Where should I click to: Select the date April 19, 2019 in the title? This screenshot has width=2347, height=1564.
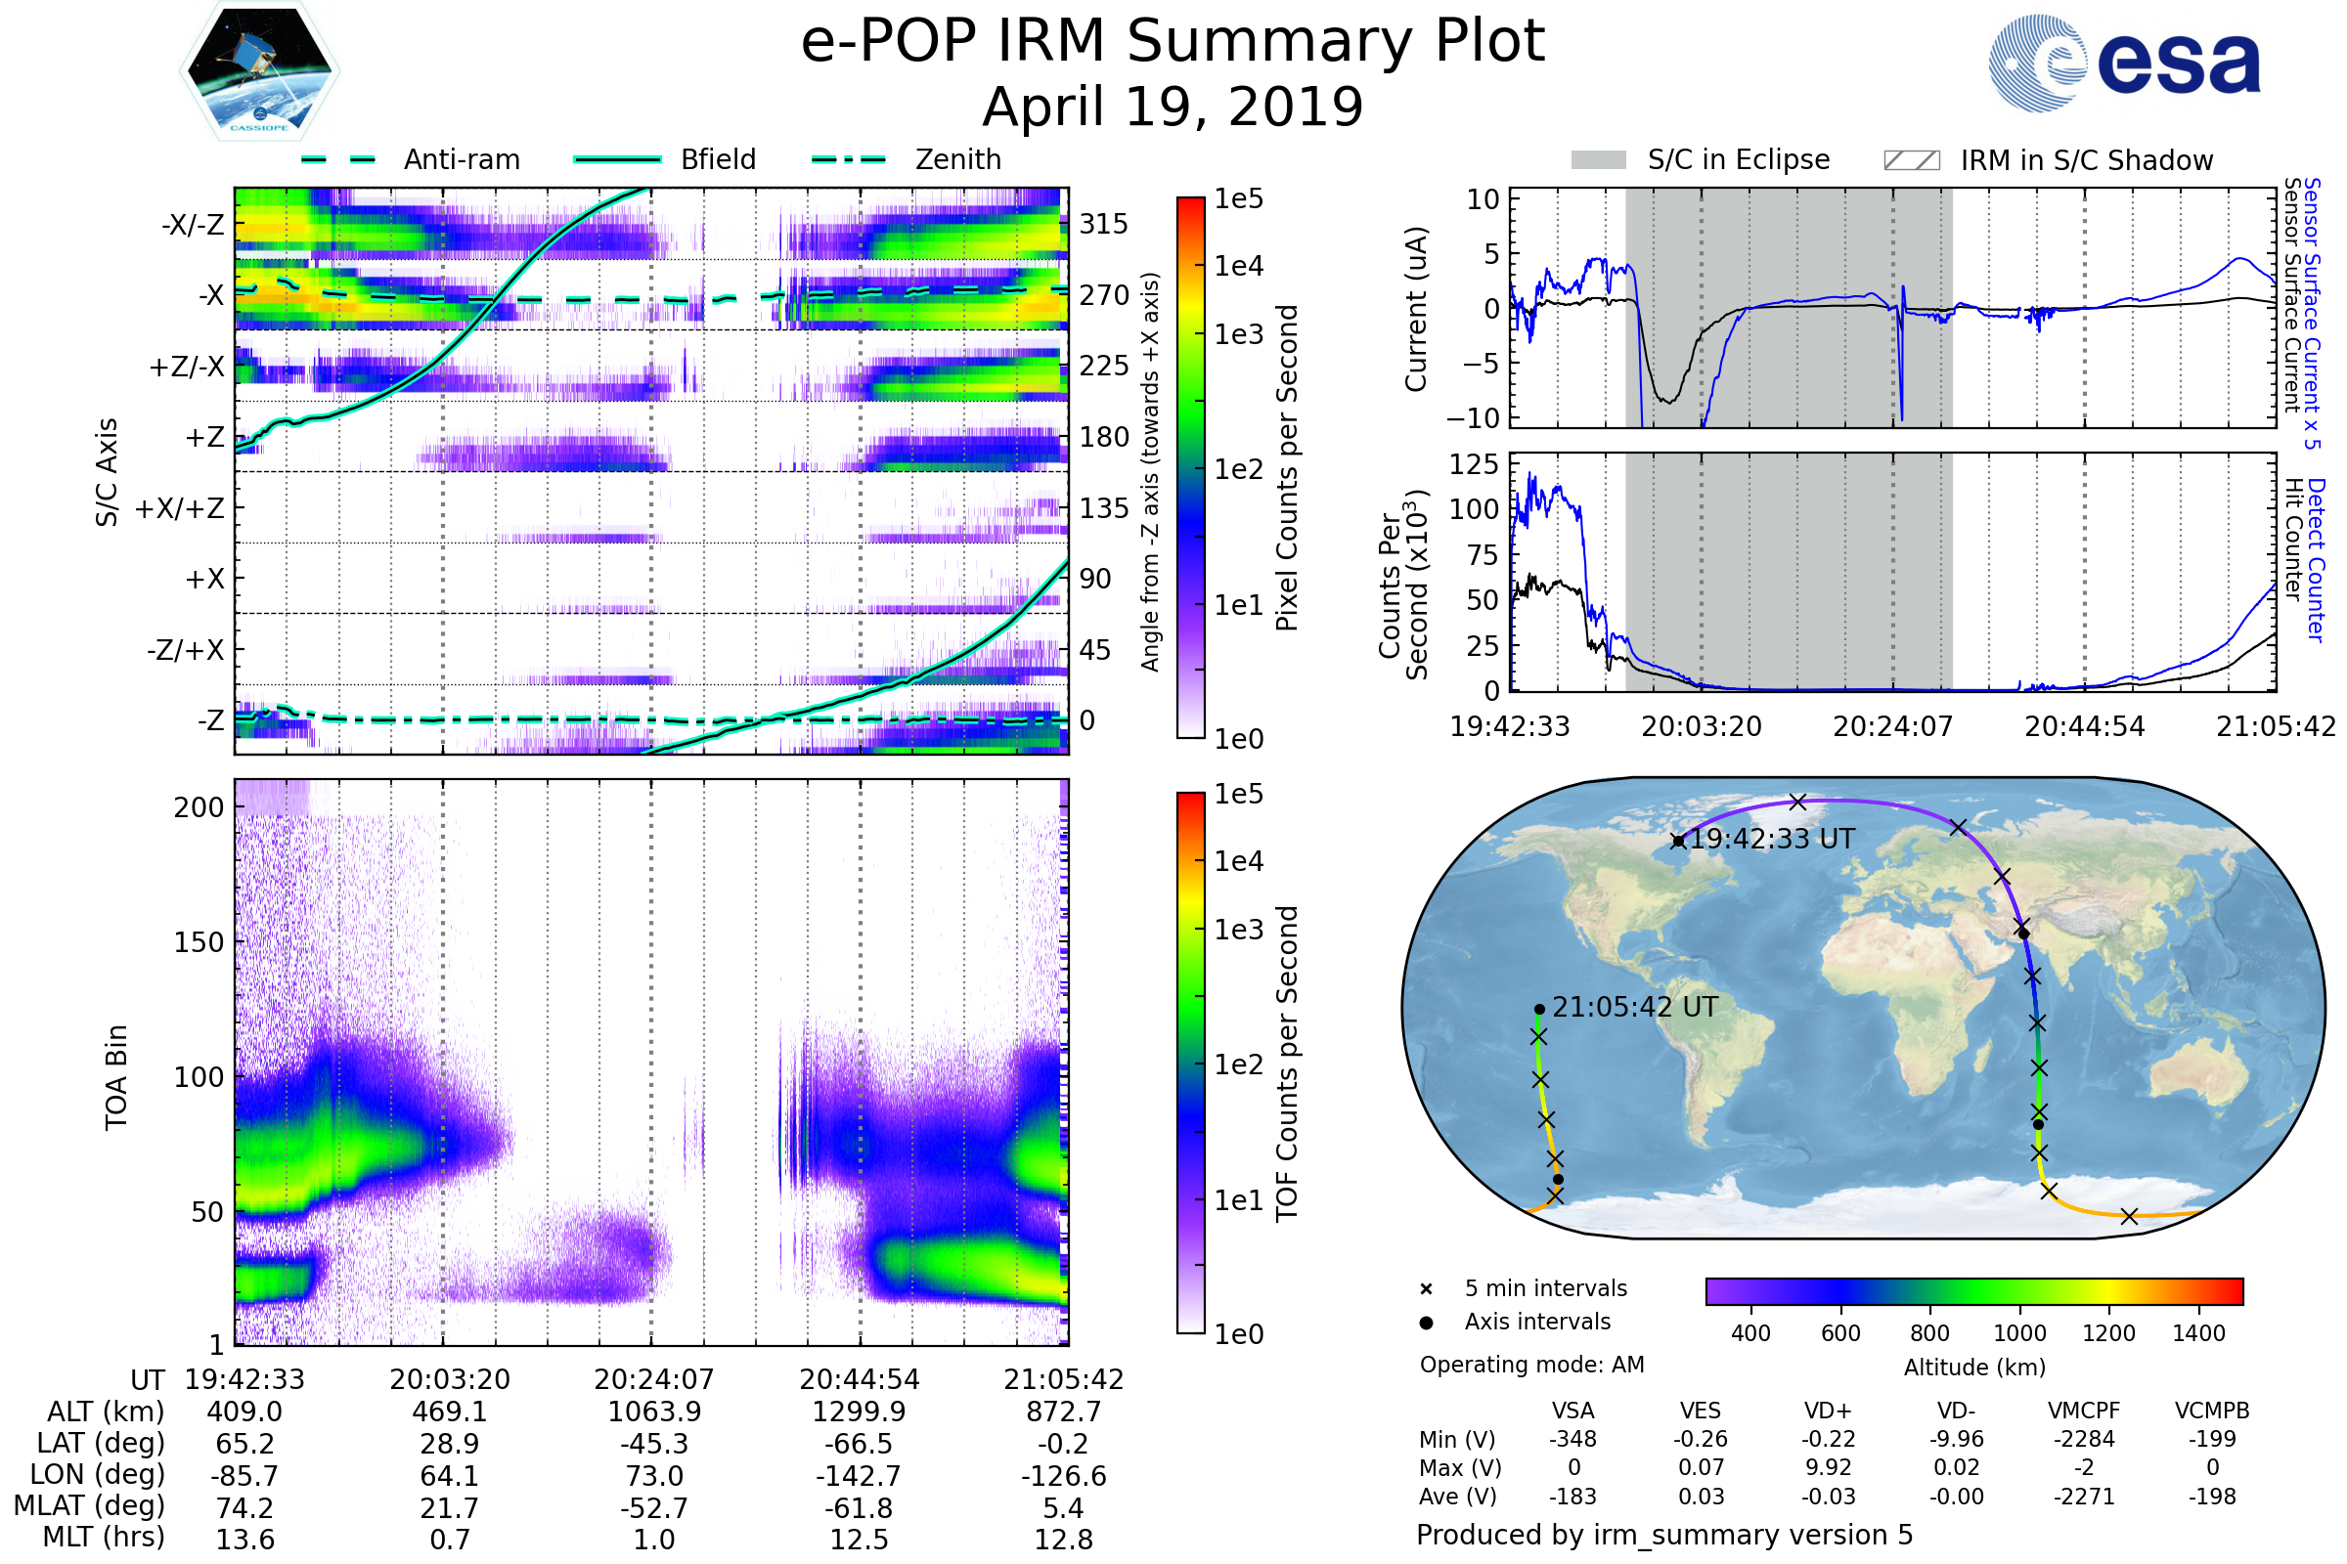point(1173,107)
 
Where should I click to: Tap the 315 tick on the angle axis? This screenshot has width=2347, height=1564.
point(1103,224)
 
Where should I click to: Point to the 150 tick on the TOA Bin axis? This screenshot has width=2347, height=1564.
point(199,942)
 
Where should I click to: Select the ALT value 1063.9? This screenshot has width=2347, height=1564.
point(654,1412)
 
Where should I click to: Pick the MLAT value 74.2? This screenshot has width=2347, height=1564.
point(244,1508)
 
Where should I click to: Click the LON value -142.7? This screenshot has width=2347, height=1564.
point(860,1475)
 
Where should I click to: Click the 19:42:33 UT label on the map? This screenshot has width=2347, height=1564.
point(1771,839)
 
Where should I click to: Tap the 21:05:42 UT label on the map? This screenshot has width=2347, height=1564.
point(1634,1008)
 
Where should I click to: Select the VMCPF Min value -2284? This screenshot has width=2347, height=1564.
point(2084,1439)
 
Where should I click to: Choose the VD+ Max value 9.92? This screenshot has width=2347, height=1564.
point(1828,1467)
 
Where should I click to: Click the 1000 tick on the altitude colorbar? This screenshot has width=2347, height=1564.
point(2018,1333)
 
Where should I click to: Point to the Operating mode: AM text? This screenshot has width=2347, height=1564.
point(1531,1365)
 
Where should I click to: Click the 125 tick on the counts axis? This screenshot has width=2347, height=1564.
point(1474,463)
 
